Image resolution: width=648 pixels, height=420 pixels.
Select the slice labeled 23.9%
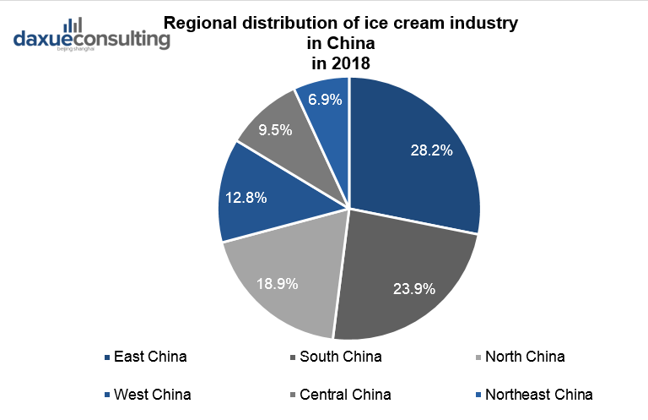[x=405, y=270]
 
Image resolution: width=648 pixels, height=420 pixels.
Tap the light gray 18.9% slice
[x=283, y=279]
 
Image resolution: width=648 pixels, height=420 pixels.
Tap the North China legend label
[x=524, y=357]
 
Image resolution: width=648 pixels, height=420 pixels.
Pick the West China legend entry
[x=152, y=394]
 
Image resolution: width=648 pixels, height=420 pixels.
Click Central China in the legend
[x=344, y=394]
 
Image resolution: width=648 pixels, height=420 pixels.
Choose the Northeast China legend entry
[x=538, y=394]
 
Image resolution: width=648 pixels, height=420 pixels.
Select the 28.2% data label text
[x=432, y=151]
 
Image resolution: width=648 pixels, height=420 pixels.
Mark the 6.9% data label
[x=325, y=100]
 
